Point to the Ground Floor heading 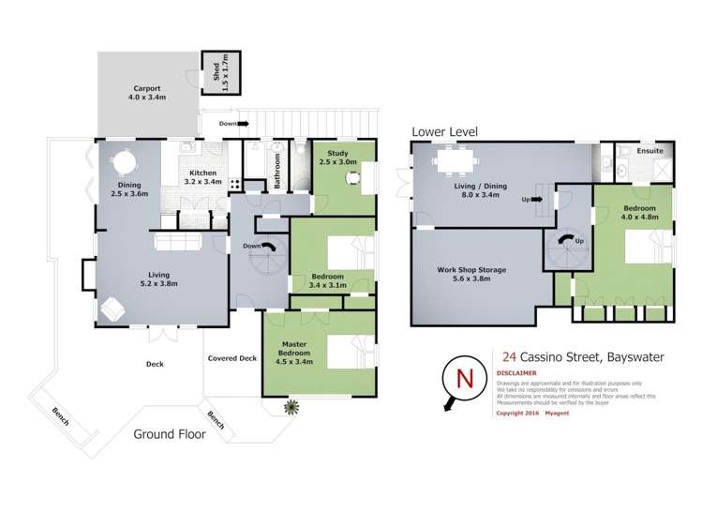coord(172,434)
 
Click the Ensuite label coord(650,150)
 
